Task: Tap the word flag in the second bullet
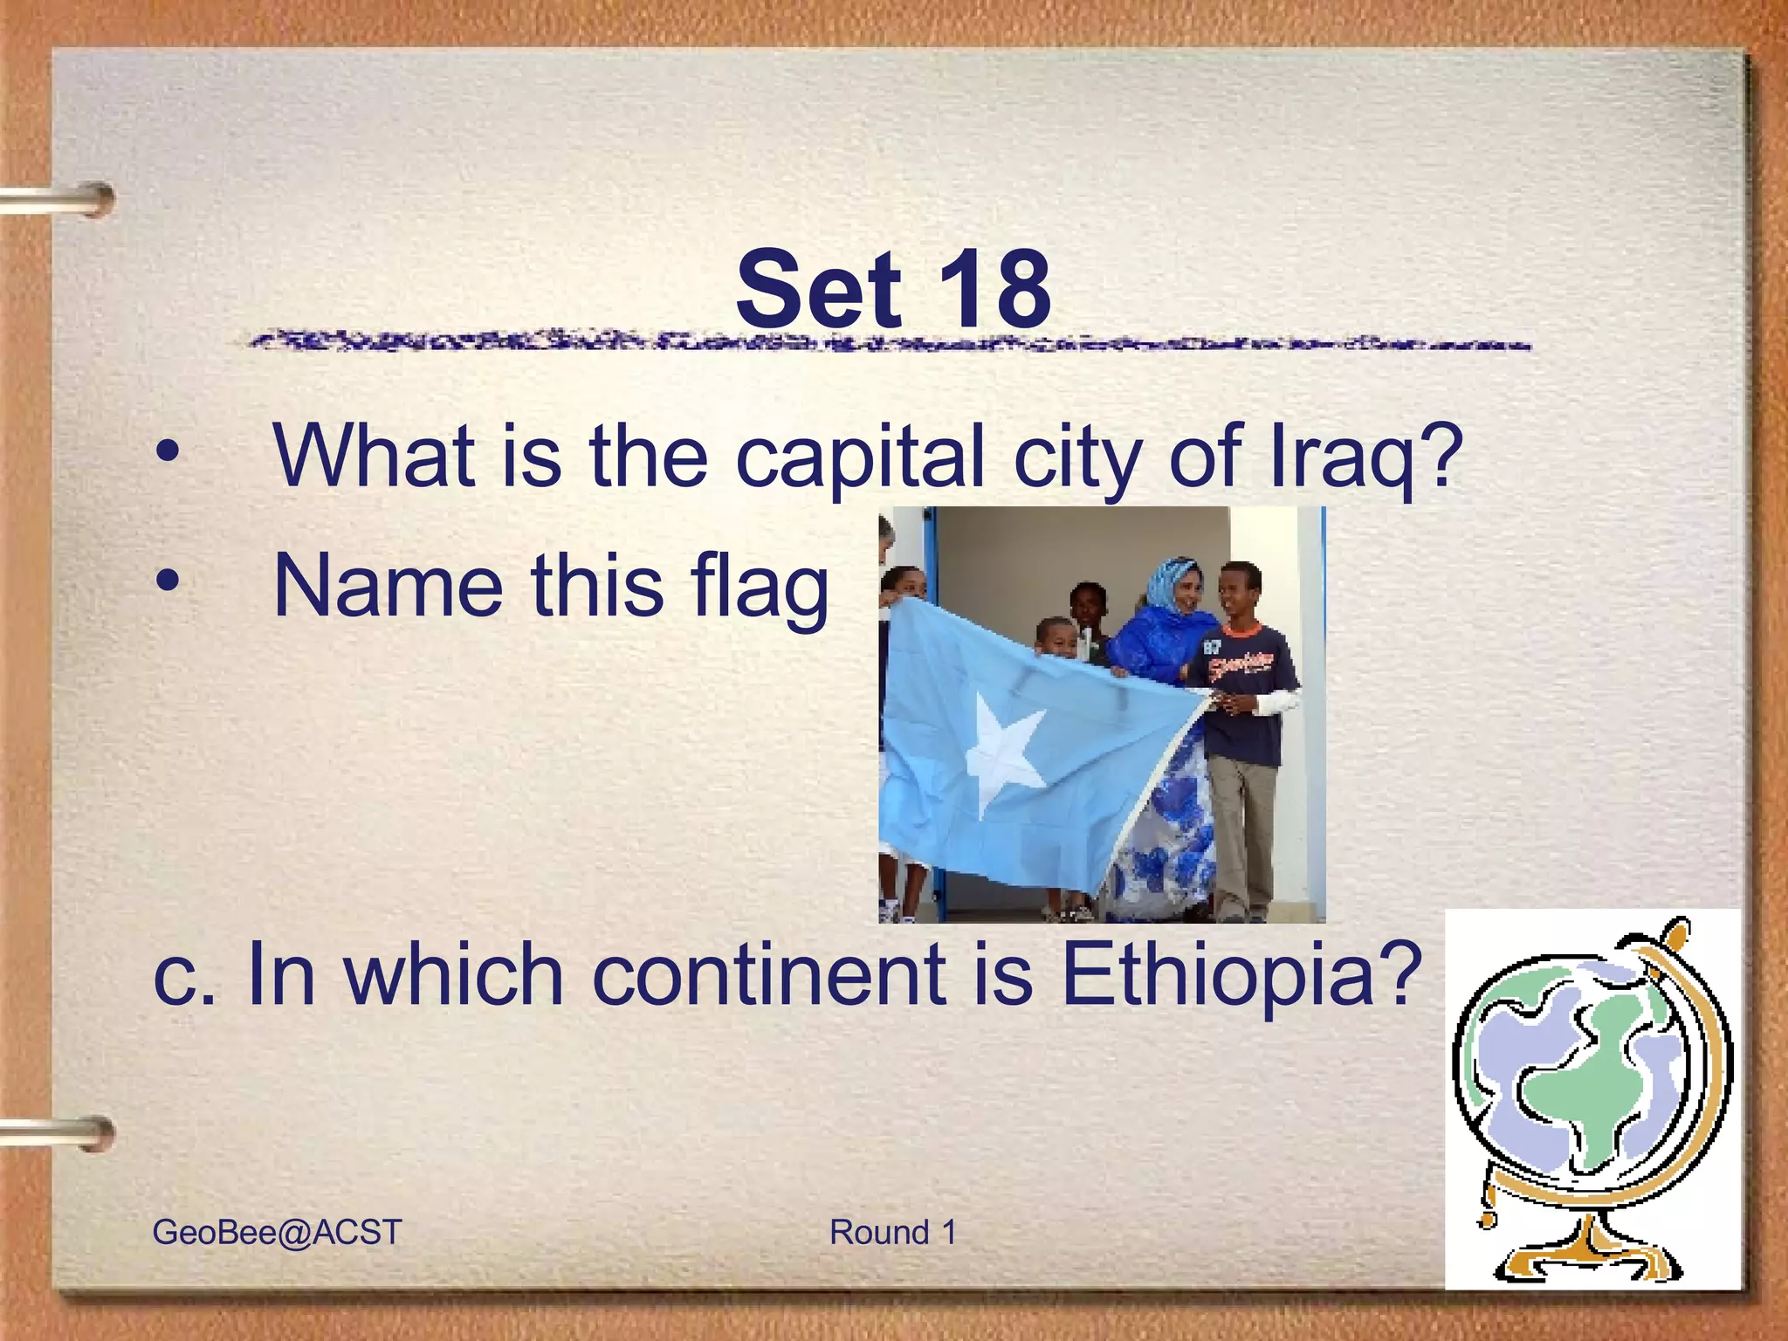point(759,587)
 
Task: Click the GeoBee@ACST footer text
point(277,1232)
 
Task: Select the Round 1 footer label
point(892,1232)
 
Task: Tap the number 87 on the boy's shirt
point(1212,648)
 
